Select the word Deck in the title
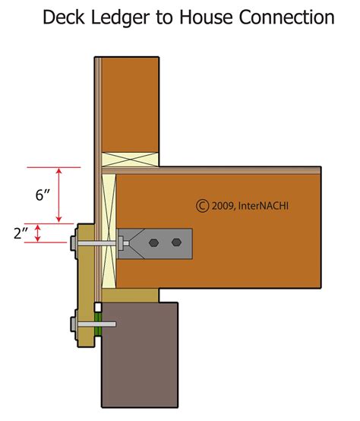pos(63,17)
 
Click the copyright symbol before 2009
pos(202,205)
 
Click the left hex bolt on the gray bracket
pos(155,243)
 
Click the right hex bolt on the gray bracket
pos(176,243)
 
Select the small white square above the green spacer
pos(98,305)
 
